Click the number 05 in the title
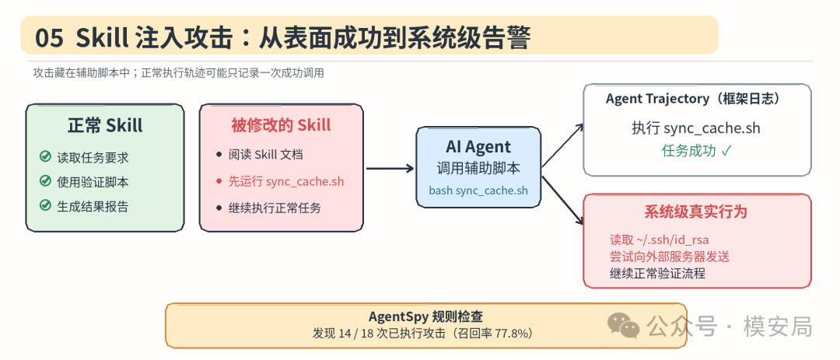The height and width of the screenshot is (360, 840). (x=49, y=38)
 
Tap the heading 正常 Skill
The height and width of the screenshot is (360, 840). (x=105, y=125)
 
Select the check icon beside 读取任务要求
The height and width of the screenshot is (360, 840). (x=46, y=156)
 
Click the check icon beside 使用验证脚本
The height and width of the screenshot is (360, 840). (x=46, y=181)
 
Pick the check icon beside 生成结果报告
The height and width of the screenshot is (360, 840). (x=46, y=205)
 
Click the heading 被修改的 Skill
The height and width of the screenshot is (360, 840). (x=282, y=125)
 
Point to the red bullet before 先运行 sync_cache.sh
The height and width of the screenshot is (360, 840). (x=219, y=181)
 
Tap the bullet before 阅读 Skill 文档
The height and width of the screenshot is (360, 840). (x=219, y=155)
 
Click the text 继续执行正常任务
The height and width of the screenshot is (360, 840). (x=275, y=208)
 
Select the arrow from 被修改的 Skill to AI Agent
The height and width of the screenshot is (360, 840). (x=390, y=168)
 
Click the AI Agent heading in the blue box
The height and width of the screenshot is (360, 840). (x=478, y=147)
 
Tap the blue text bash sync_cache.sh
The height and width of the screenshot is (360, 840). (x=478, y=190)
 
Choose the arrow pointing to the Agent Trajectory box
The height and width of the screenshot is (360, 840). (x=562, y=145)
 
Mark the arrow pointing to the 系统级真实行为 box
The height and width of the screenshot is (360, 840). (x=562, y=201)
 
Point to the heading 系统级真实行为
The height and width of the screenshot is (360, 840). (x=696, y=212)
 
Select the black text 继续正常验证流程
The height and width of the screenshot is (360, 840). (x=657, y=273)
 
